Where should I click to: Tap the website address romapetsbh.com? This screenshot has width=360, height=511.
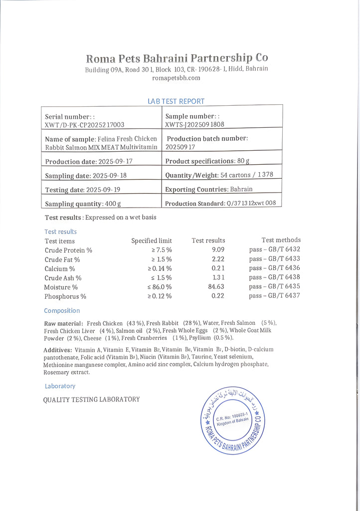click(x=176, y=78)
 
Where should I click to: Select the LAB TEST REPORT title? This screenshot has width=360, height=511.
click(x=176, y=101)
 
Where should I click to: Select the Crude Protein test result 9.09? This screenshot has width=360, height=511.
click(x=218, y=250)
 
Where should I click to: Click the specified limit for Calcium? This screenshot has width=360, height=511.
click(x=159, y=268)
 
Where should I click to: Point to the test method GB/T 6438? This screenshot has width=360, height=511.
click(x=275, y=277)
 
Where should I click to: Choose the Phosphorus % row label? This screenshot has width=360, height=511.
click(x=65, y=296)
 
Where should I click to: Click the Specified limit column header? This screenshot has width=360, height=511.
click(x=152, y=241)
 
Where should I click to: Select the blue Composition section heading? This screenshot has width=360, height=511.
click(x=62, y=310)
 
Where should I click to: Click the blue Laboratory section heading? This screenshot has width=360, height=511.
click(x=60, y=386)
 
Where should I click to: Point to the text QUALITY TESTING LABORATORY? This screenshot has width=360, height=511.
click(x=91, y=399)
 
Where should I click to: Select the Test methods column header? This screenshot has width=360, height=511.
click(x=281, y=240)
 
